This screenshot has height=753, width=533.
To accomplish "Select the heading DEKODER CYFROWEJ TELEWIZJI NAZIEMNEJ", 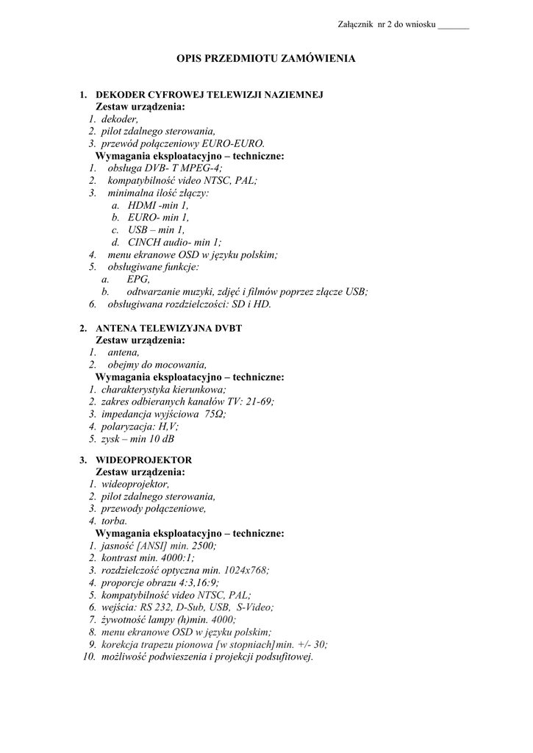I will pos(210,95).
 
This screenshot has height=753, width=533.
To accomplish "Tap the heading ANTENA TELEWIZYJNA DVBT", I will pos(179,328).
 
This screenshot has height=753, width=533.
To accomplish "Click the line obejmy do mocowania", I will pos(157,365).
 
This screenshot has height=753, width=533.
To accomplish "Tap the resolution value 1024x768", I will pos(246,570).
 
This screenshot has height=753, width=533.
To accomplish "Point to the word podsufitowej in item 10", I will pos(276,657).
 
